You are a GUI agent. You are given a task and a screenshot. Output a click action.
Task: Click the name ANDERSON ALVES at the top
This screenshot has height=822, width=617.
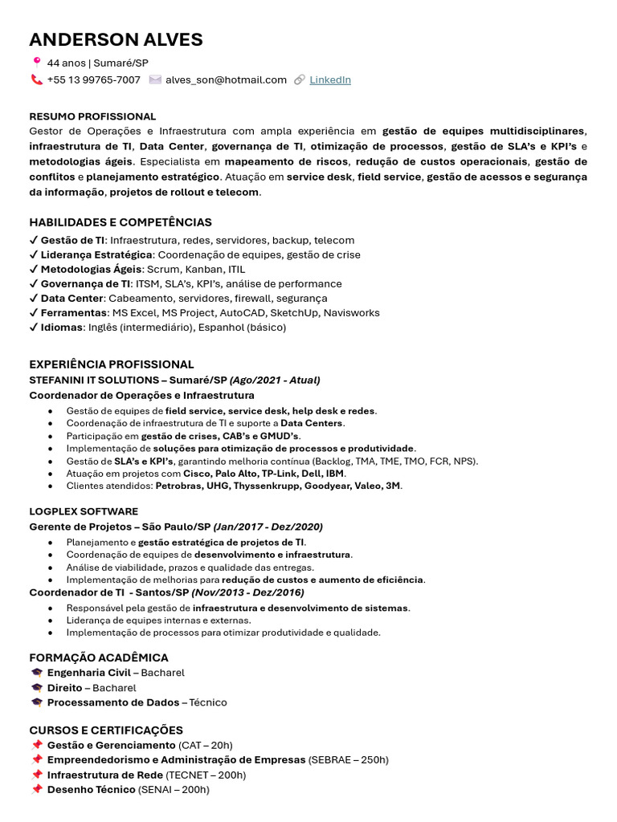pos(116,40)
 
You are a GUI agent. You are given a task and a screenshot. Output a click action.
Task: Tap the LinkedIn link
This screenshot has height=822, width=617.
pos(330,79)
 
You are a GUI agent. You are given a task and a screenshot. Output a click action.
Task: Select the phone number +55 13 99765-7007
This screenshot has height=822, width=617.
pos(93,79)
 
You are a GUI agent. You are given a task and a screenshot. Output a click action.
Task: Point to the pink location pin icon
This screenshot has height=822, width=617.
pos(36,62)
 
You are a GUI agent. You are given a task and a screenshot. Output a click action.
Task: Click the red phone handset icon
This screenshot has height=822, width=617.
pos(36,79)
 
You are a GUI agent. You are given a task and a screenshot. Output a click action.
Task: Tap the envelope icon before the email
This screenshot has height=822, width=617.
pos(155,79)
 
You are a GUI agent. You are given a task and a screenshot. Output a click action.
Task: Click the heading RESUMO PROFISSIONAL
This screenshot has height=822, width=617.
pos(92,116)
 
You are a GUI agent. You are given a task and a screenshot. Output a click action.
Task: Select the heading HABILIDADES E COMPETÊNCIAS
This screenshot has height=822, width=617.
pos(121,222)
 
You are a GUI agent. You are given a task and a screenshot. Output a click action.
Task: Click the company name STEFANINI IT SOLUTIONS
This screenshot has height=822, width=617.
pos(93,380)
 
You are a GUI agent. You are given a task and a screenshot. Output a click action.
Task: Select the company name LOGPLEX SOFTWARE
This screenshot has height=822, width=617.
pos(84,511)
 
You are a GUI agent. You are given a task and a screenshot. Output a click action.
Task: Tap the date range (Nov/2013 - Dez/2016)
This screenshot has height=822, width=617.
pos(247,592)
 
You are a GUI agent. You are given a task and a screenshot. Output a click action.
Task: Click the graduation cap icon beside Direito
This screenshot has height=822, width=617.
pos(36,688)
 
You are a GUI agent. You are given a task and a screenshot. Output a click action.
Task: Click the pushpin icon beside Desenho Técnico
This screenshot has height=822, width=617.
pos(36,790)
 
